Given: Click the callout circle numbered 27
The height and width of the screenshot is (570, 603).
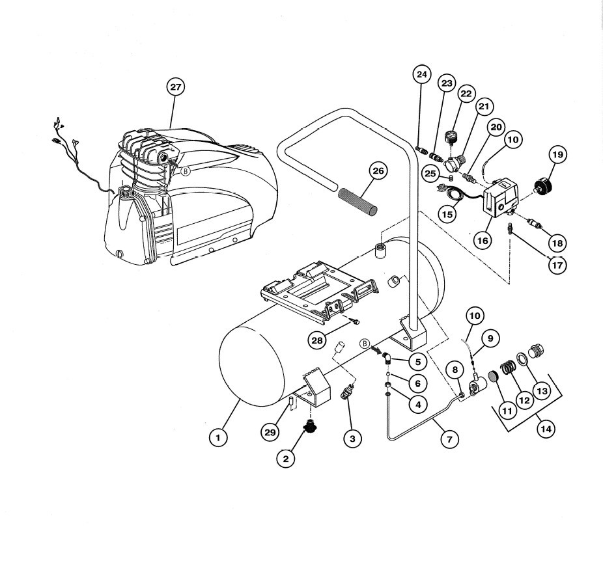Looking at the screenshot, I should (175, 87).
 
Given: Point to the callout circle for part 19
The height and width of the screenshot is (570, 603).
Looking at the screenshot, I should (557, 155).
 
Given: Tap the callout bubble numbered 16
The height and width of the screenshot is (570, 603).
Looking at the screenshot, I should (483, 240).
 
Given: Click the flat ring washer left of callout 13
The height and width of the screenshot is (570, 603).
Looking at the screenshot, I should (522, 359).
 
